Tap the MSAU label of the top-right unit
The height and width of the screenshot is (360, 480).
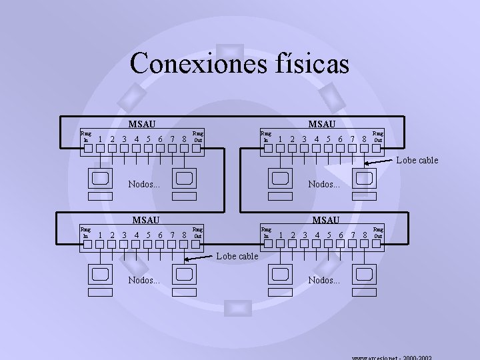point(321,123)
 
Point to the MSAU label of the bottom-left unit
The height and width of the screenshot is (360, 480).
point(145,219)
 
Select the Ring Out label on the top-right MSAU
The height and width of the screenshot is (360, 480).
point(377,137)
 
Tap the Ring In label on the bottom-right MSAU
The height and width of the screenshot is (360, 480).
point(266,232)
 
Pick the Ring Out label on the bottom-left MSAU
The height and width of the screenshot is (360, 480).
point(197,233)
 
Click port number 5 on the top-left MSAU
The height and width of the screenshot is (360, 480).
point(148,139)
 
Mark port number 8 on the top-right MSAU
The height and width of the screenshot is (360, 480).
point(363,139)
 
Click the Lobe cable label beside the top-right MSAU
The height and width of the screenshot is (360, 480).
point(418,160)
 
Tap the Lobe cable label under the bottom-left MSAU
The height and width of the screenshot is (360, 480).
point(237,255)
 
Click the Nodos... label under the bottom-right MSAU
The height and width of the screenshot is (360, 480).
point(324,280)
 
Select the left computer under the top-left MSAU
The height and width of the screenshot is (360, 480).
point(101,181)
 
